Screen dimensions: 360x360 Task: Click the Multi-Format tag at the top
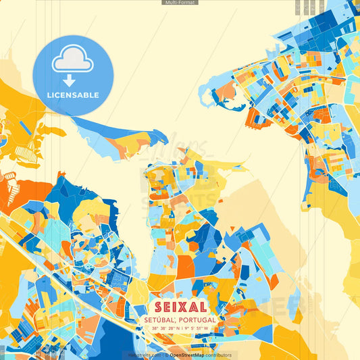[180, 3]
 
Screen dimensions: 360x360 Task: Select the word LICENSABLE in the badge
[72, 95]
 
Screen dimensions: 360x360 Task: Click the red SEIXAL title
[180, 307]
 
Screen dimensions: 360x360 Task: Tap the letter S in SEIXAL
[159, 307]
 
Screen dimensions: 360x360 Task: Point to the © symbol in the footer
[166, 355]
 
